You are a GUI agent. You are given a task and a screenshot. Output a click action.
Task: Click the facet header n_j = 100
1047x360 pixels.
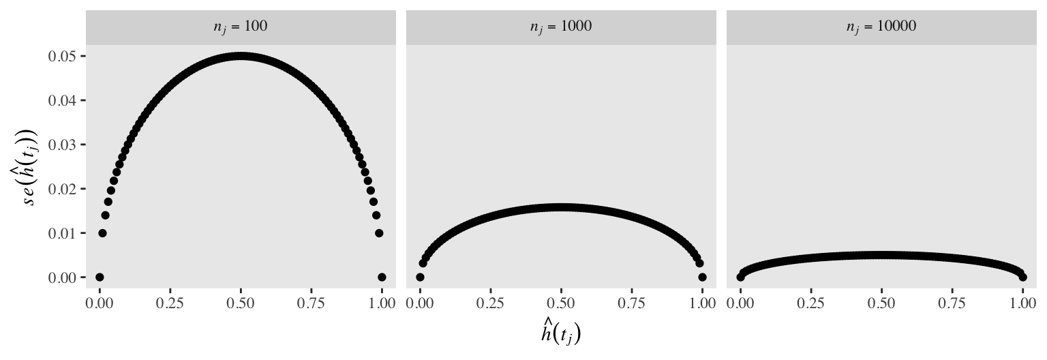[x=241, y=27]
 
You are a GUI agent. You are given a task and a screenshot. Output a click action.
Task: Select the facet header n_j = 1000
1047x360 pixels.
[x=561, y=27]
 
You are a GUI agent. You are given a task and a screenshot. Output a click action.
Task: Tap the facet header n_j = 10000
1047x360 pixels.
[x=881, y=27]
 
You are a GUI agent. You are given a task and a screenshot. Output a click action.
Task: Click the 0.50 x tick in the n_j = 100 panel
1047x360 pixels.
[x=241, y=303]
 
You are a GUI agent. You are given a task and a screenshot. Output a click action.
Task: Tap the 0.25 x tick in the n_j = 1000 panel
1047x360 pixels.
[x=491, y=303]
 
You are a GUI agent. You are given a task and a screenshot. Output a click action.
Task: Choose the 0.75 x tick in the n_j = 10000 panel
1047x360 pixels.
[x=952, y=303]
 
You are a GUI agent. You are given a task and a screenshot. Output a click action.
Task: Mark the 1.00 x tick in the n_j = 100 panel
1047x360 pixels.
[x=382, y=303]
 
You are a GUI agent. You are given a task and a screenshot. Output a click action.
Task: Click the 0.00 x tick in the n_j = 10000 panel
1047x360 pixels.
[x=741, y=303]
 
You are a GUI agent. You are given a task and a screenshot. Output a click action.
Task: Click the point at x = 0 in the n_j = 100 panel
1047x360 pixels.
[x=100, y=277]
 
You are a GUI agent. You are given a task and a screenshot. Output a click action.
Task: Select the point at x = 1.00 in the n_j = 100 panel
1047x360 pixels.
[x=382, y=277]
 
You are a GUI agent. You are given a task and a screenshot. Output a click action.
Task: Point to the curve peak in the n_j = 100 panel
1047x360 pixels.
[x=241, y=56]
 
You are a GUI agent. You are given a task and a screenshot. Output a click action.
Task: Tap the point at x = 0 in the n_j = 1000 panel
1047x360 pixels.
[x=420, y=277]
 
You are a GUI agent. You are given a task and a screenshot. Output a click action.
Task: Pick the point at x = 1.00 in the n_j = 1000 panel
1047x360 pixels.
[x=702, y=277]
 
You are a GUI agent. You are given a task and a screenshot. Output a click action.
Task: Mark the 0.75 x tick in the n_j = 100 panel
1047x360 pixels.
[x=312, y=303]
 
